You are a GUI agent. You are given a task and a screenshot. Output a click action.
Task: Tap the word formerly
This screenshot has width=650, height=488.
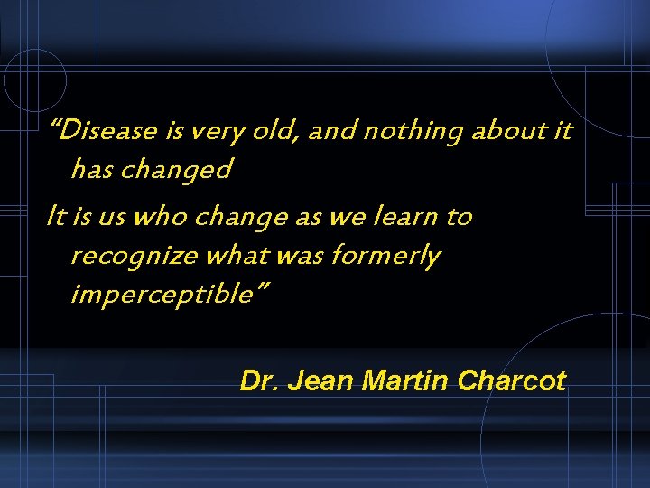(x=386, y=257)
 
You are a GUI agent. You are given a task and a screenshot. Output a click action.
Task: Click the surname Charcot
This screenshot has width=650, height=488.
(x=511, y=381)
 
